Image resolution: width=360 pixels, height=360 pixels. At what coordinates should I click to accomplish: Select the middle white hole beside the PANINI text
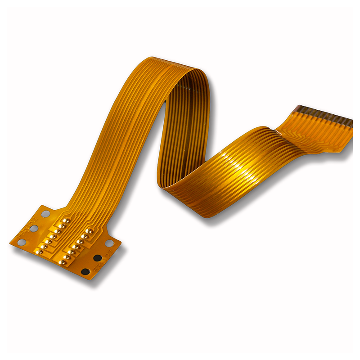tap(33, 229)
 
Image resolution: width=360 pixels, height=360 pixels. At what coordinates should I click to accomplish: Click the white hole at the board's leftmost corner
tap(21, 242)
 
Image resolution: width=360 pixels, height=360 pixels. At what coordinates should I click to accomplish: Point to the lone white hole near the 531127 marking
tap(109, 243)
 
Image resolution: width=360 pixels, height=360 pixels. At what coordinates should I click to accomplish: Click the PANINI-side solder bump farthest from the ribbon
tap(40, 252)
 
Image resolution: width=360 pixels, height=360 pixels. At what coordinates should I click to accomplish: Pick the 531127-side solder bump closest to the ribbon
tap(90, 231)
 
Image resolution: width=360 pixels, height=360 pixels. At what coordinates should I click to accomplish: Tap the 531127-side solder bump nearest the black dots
tap(63, 262)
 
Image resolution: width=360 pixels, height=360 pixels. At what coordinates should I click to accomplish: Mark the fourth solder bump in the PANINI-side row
tap(53, 236)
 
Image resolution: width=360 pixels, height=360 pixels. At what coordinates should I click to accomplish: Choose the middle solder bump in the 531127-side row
tap(75, 247)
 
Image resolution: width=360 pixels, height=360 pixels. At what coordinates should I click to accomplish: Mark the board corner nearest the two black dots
tap(90, 279)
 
